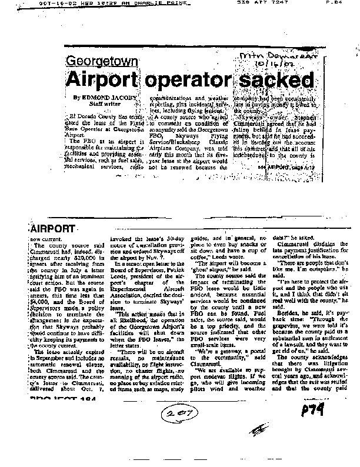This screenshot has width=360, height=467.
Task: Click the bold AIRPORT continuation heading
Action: (51, 229)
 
